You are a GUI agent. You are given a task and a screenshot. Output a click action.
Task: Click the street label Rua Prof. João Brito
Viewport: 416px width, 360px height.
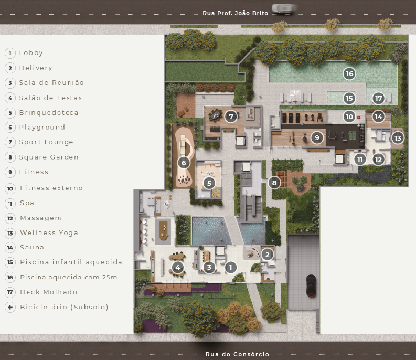click(236, 13)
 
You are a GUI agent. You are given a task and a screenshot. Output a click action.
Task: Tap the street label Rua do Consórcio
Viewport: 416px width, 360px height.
click(238, 354)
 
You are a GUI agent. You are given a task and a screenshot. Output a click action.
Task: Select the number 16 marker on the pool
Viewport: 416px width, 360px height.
click(349, 73)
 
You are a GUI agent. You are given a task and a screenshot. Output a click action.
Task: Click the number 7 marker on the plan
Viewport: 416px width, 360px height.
click(231, 117)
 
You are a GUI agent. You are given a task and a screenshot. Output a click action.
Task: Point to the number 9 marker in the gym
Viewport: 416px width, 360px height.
click(317, 137)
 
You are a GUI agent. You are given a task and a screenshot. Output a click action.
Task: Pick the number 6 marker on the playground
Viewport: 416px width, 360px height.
click(184, 162)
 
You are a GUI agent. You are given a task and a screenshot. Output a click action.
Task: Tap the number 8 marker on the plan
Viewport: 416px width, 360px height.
click(274, 183)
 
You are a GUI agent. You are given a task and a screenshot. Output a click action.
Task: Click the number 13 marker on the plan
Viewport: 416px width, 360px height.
click(398, 138)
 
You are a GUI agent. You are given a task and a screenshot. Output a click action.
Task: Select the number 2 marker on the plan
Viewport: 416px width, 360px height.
click(267, 255)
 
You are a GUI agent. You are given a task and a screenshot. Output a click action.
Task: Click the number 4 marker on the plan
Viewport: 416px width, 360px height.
click(178, 267)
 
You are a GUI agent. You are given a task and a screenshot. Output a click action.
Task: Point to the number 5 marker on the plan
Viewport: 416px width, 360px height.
click(209, 183)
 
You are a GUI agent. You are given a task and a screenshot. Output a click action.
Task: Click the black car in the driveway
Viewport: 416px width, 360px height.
click(311, 285)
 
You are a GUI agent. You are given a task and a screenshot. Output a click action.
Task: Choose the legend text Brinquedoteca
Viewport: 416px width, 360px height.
click(49, 113)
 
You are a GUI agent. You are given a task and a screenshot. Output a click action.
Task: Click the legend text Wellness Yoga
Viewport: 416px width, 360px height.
click(49, 233)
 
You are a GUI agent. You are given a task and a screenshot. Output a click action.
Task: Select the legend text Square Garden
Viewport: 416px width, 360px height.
click(49, 157)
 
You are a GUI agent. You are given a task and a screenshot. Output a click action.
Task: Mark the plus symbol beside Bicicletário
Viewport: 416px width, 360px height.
click(10, 307)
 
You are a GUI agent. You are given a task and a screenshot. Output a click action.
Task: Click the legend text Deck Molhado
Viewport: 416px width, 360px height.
click(49, 292)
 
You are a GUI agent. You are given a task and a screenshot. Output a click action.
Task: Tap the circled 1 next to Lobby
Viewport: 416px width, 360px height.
click(10, 53)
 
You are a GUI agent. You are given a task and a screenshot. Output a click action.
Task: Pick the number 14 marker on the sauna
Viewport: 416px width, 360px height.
click(378, 117)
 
